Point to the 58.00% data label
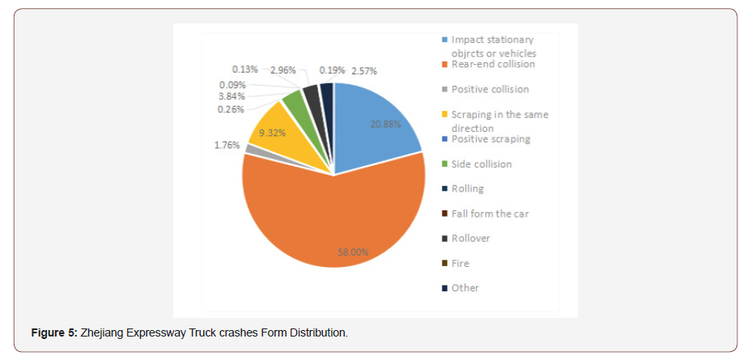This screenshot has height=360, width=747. pyautogui.click(x=353, y=252)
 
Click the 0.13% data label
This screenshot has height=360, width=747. pyautogui.click(x=245, y=70)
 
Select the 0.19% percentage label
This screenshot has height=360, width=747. pyautogui.click(x=332, y=70)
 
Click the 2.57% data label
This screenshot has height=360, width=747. pyautogui.click(x=363, y=70)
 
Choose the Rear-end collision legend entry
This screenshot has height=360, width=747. pyautogui.click(x=493, y=64)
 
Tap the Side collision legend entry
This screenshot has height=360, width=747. pyautogui.click(x=482, y=164)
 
